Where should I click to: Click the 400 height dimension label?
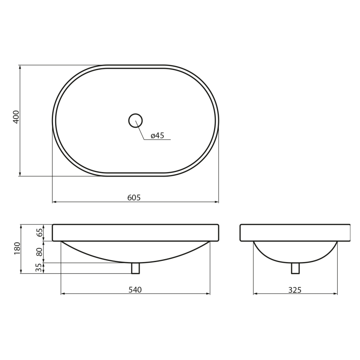coord(16,117)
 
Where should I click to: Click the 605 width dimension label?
coord(134,198)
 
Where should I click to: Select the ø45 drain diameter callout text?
coord(158,136)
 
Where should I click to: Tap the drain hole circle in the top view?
coord(135,121)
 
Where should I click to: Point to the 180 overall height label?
coord(17,248)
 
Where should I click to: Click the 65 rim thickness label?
coord(39,232)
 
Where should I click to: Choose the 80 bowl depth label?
coord(39,252)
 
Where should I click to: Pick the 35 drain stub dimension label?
coord(39,268)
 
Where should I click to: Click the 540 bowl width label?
coord(135,290)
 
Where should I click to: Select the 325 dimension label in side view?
coord(295,290)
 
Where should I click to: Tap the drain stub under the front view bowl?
coord(135,268)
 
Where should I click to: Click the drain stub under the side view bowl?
coord(295,268)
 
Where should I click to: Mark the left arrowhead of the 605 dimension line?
coord(54,202)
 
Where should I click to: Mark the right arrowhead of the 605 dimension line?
coord(216,202)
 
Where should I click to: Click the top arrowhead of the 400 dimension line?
coord(20,67)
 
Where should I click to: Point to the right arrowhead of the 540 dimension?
coord(208,294)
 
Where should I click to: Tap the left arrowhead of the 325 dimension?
coord(255,294)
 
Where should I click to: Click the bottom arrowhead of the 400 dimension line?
coord(20,174)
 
